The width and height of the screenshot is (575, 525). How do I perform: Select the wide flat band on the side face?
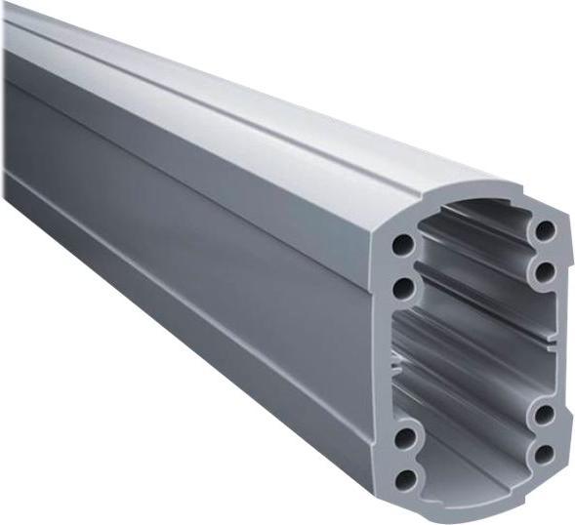(x=195, y=224)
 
